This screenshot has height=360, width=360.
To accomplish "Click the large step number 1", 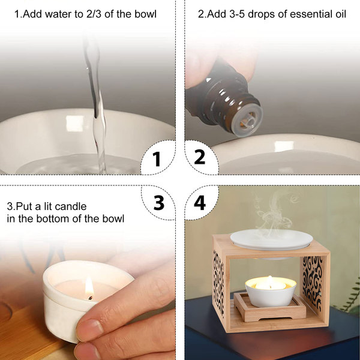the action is [x=157, y=159].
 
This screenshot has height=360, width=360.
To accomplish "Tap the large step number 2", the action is [x=200, y=157].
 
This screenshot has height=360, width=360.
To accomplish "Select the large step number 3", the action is [x=159, y=203].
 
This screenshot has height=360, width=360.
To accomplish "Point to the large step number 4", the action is [x=200, y=203].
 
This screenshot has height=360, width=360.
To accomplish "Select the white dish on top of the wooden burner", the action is [x=271, y=239].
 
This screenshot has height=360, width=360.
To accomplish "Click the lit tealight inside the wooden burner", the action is [x=271, y=284].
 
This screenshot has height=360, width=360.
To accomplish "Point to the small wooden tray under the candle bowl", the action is [x=270, y=308].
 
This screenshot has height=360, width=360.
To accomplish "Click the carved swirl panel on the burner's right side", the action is [x=313, y=279].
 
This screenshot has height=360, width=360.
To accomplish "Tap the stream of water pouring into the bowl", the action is [x=96, y=103].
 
